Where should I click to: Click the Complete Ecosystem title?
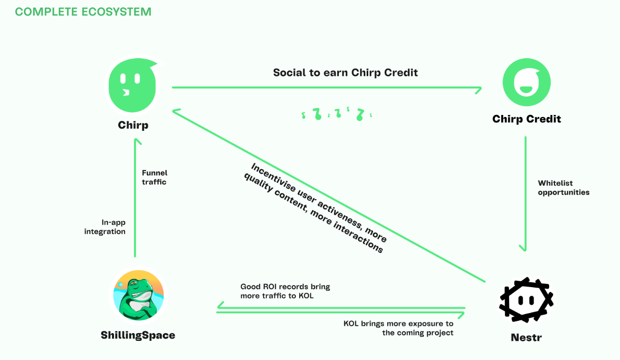point(83,12)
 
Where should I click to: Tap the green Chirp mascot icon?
point(133,85)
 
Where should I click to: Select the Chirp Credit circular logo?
point(527,82)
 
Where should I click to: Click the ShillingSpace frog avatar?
point(138,295)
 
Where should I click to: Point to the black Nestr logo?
point(526,300)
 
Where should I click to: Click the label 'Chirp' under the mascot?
point(133,125)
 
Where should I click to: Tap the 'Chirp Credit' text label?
point(527,119)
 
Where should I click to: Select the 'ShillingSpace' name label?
point(138,335)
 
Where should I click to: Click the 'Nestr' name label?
point(526,337)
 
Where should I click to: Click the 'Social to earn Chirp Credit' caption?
point(345,72)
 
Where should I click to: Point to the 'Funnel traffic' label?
point(155,177)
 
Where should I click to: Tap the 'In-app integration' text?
point(105,227)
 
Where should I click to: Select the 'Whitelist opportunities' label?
point(564,187)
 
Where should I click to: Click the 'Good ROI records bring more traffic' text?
point(285,291)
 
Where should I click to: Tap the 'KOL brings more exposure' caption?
point(399,328)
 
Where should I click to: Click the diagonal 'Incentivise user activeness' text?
point(315,208)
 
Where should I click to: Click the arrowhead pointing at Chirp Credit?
point(479,90)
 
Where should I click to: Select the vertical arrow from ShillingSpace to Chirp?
point(135,198)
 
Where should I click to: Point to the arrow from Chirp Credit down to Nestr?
point(525,194)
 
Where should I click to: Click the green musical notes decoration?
point(336,114)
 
